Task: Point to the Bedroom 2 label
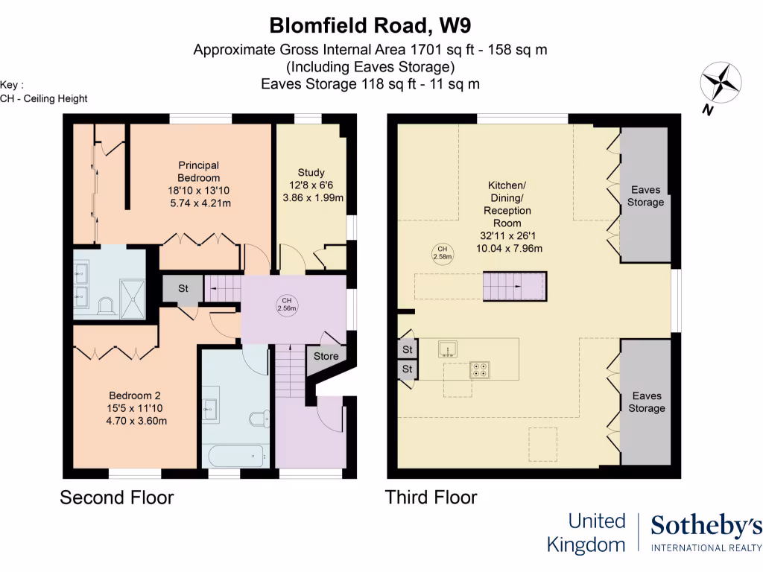135,407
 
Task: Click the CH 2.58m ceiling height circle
442,253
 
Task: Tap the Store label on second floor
326,356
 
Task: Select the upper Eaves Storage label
645,196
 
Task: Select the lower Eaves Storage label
646,402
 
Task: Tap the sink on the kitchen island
449,348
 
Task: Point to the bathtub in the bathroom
235,453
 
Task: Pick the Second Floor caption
117,498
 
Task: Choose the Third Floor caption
431,498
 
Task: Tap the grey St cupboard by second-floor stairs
183,289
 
